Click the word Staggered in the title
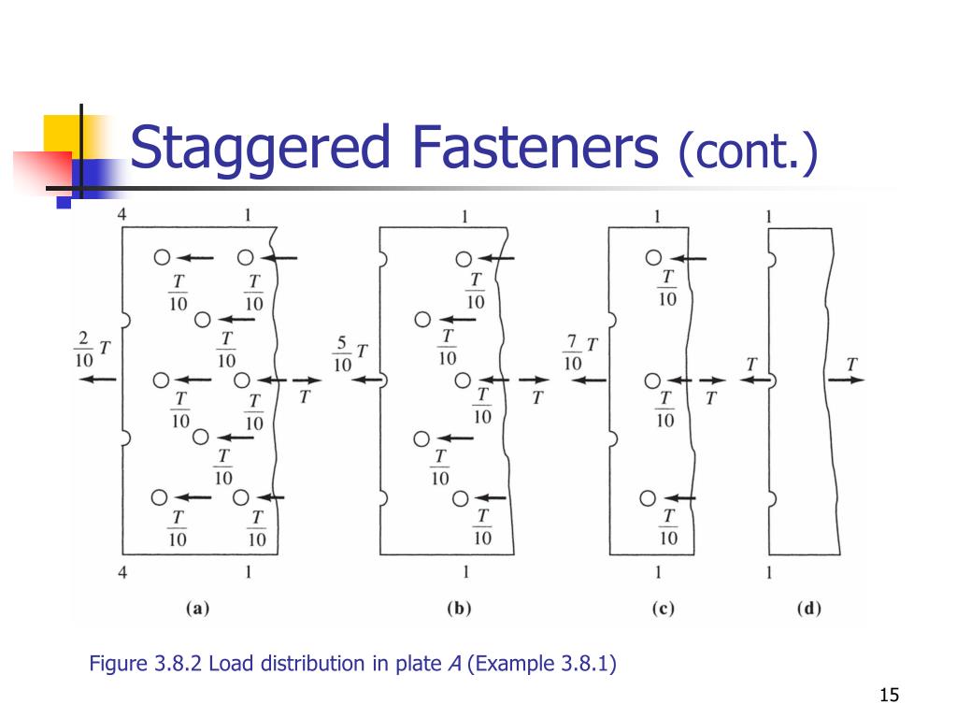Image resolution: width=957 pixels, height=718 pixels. pos(260,149)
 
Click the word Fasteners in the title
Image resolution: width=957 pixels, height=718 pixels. pos(536,147)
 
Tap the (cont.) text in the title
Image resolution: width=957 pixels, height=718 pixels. pos(748,151)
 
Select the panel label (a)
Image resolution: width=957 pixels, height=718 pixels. pos(198,608)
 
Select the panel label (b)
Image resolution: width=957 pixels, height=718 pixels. pos(459,608)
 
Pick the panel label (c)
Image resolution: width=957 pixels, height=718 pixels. pos(663,608)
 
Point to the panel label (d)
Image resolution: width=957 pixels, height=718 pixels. pos(808,608)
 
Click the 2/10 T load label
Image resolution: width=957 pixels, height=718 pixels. pos(93,350)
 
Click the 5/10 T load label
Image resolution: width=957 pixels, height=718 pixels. pos(350,353)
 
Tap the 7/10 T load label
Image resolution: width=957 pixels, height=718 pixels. pos(580,352)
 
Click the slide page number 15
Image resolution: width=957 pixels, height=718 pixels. pos(890,695)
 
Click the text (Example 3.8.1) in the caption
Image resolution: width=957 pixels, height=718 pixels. pos(542,664)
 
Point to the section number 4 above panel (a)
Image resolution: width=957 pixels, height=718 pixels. pos(122,214)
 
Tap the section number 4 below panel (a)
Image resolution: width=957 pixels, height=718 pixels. pos(122,573)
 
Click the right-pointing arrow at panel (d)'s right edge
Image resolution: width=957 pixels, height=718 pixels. pos(846,380)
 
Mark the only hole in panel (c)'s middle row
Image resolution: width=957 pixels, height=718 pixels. pos(652,381)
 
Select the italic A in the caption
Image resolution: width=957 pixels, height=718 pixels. pos(455,664)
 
